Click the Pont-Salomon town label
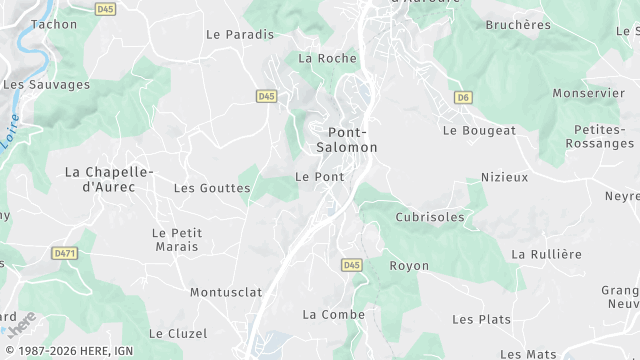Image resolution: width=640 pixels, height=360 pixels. [x=348, y=139]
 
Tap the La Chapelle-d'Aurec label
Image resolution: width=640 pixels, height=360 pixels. [x=108, y=179]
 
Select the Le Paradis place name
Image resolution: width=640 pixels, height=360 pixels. [x=240, y=33]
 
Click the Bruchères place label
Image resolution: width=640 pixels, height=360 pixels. [x=517, y=24]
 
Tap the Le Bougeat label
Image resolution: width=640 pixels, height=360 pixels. [x=479, y=130]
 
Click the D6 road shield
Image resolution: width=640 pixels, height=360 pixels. [x=462, y=97]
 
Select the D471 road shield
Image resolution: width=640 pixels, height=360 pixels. [x=65, y=254]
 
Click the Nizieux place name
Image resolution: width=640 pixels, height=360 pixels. [x=503, y=177]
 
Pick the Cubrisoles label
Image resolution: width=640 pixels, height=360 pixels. [x=430, y=216]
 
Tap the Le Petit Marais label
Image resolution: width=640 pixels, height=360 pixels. [x=177, y=239]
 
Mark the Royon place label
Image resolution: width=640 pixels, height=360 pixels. [x=409, y=265]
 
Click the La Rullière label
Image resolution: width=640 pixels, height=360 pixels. [x=546, y=254]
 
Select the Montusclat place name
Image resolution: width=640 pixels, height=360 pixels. [x=225, y=292]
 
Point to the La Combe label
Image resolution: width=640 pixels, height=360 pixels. [x=333, y=314]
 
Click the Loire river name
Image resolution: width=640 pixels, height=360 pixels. [x=9, y=133]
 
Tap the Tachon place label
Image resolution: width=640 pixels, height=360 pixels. [x=54, y=23]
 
